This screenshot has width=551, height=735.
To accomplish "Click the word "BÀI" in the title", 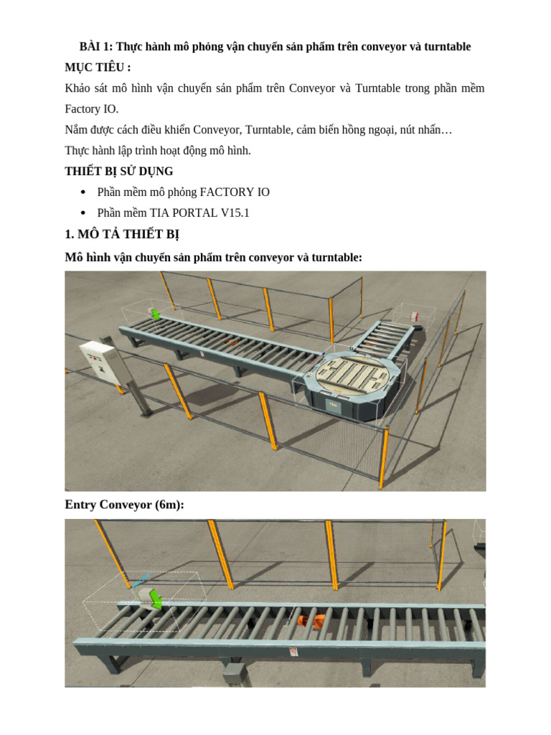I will coord(90,47).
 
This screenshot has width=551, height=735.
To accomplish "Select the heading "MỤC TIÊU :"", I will coord(98,67).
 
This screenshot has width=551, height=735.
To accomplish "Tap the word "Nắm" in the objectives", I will coord(76,131).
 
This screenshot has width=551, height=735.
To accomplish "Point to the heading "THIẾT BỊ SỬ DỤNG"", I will coord(118,172).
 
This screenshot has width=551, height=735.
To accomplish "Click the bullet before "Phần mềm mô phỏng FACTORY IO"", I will coord(84,192).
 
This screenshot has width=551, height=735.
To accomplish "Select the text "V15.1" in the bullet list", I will coord(234,213).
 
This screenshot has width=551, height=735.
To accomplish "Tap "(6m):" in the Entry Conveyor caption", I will coord(169,505).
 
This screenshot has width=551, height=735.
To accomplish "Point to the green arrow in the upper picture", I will coord(154,314).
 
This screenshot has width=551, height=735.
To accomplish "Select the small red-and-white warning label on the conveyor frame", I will coord(293,652).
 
